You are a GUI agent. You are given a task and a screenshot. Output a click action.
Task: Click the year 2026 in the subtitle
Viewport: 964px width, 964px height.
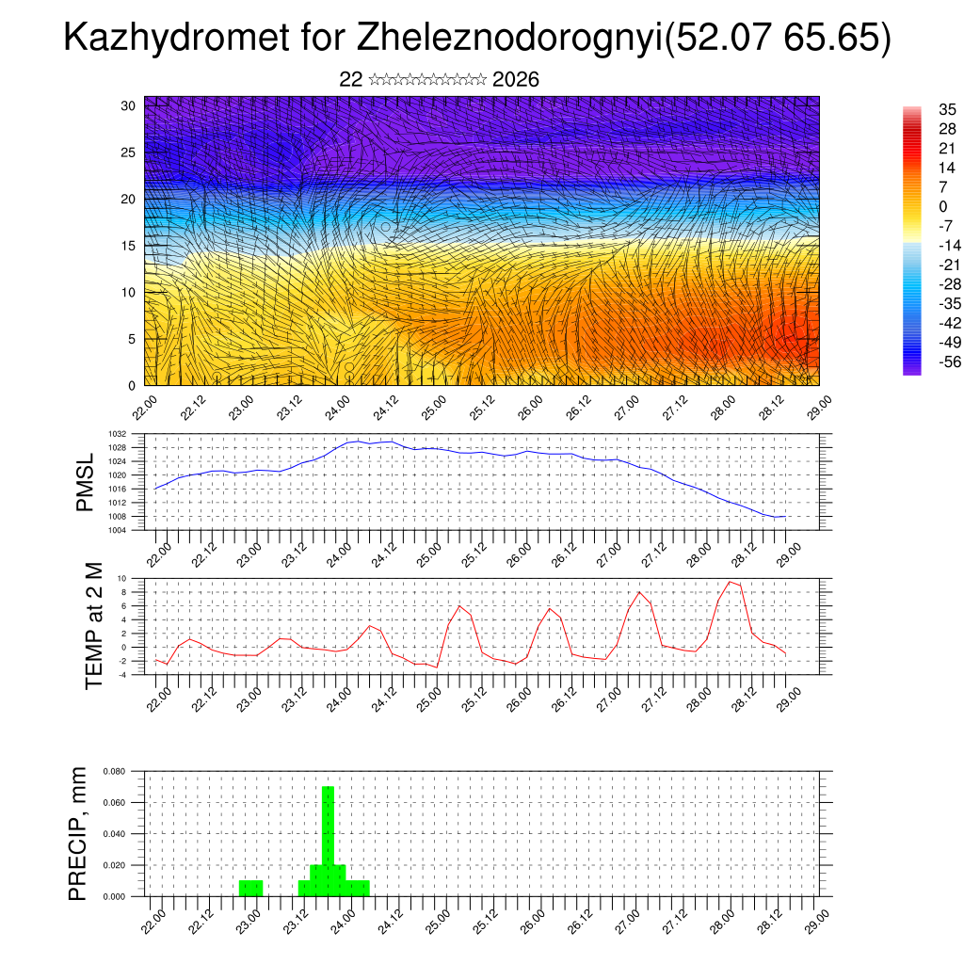pyautogui.click(x=516, y=80)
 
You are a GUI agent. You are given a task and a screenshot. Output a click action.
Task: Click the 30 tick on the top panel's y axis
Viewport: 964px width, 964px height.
pyautogui.click(x=129, y=105)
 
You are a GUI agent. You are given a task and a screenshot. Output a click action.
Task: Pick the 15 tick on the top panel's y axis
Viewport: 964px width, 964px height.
pyautogui.click(x=129, y=246)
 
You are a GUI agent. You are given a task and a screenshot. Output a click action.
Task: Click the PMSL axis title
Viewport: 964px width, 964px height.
pyautogui.click(x=86, y=483)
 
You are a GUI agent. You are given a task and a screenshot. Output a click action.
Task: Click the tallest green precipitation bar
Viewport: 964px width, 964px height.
pyautogui.click(x=328, y=838)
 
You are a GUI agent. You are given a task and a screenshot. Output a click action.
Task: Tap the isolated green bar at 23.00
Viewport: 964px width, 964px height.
pyautogui.click(x=250, y=888)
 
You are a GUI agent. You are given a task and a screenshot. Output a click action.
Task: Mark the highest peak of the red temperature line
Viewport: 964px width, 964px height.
pyautogui.click(x=730, y=582)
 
